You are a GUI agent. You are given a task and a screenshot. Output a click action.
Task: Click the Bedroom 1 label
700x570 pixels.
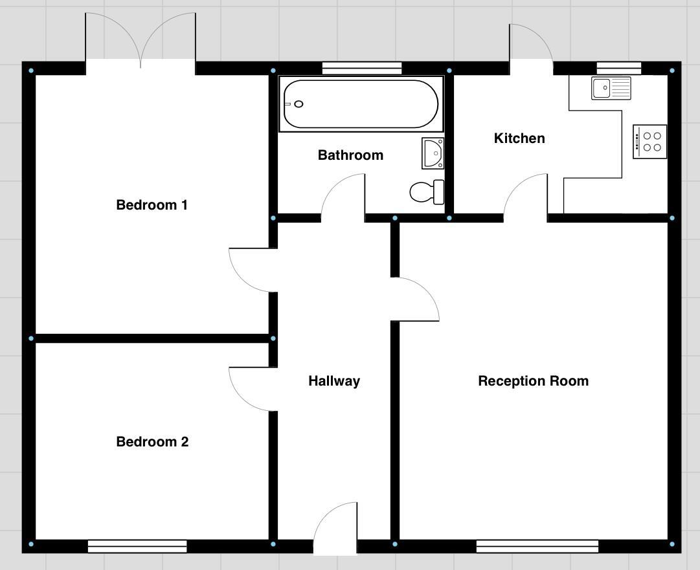tap(152, 205)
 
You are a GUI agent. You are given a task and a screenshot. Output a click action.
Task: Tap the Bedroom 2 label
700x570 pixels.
tap(152, 442)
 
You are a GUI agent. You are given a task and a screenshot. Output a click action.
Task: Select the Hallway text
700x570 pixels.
tap(333, 381)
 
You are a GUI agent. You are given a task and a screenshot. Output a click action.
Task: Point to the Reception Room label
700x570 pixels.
tap(533, 381)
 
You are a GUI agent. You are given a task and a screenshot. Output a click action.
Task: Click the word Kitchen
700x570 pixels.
tap(519, 138)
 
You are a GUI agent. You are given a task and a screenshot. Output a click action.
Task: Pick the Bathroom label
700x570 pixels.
tap(350, 155)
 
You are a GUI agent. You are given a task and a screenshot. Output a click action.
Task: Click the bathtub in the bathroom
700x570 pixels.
tap(361, 104)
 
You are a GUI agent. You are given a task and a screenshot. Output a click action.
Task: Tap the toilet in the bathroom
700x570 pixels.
tap(427, 192)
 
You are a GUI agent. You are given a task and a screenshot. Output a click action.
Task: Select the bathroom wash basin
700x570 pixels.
tap(433, 153)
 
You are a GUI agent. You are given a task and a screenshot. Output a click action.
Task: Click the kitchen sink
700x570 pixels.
tap(611, 87)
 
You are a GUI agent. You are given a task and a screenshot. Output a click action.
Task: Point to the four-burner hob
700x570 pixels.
tap(649, 142)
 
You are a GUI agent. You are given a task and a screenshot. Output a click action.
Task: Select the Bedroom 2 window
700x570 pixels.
tap(137, 547)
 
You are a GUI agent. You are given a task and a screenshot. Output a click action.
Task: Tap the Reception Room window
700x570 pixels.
tap(537, 547)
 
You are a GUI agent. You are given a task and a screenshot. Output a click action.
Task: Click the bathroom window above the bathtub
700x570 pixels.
tap(361, 68)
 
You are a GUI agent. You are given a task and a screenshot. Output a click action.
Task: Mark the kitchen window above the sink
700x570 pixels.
tap(618, 68)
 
